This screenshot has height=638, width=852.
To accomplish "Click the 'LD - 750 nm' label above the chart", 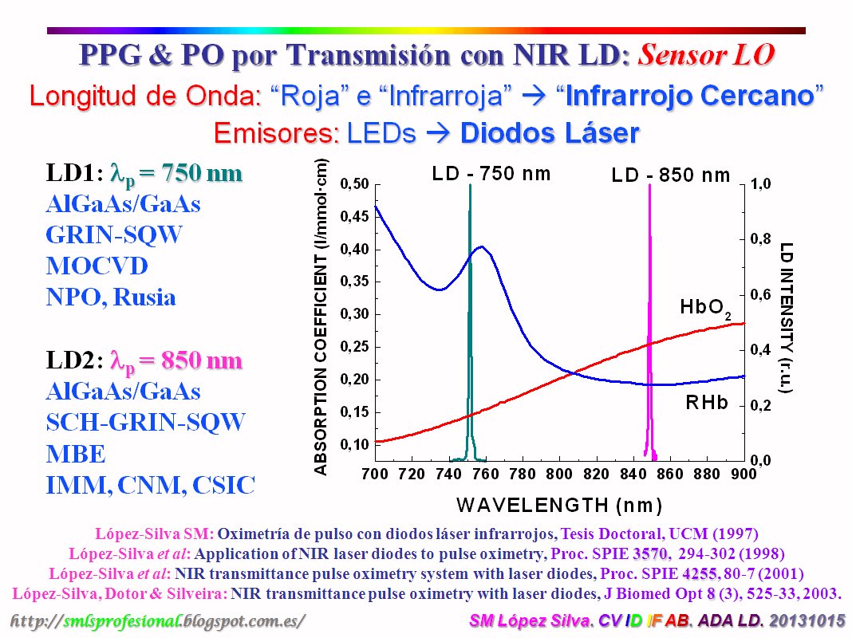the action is (491, 174).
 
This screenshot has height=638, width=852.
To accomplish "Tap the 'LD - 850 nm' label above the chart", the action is (671, 175).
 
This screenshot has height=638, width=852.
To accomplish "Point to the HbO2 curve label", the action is (705, 309).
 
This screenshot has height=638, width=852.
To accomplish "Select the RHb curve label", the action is (706, 403).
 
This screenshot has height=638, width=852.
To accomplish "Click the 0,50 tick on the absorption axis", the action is (354, 183).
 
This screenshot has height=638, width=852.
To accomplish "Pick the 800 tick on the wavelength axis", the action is (558, 474).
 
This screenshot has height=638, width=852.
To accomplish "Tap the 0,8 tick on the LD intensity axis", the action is (760, 239).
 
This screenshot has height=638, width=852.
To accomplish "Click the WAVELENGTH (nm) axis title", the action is (559, 506).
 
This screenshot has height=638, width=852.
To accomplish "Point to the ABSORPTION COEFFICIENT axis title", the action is (321, 317).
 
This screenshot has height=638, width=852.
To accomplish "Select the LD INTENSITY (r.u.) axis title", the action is (786, 317).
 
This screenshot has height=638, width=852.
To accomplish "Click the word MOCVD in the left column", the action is (97, 266).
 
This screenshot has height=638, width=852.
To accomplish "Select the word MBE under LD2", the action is (76, 454).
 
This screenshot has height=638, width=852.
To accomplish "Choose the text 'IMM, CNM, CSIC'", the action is (151, 486).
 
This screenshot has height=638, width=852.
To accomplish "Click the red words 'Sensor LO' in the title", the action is (706, 55).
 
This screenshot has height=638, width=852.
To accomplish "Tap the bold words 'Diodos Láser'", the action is (550, 133).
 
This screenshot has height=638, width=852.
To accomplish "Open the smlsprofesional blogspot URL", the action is (158, 620).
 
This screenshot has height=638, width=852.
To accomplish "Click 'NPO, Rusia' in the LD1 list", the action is (111, 297).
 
